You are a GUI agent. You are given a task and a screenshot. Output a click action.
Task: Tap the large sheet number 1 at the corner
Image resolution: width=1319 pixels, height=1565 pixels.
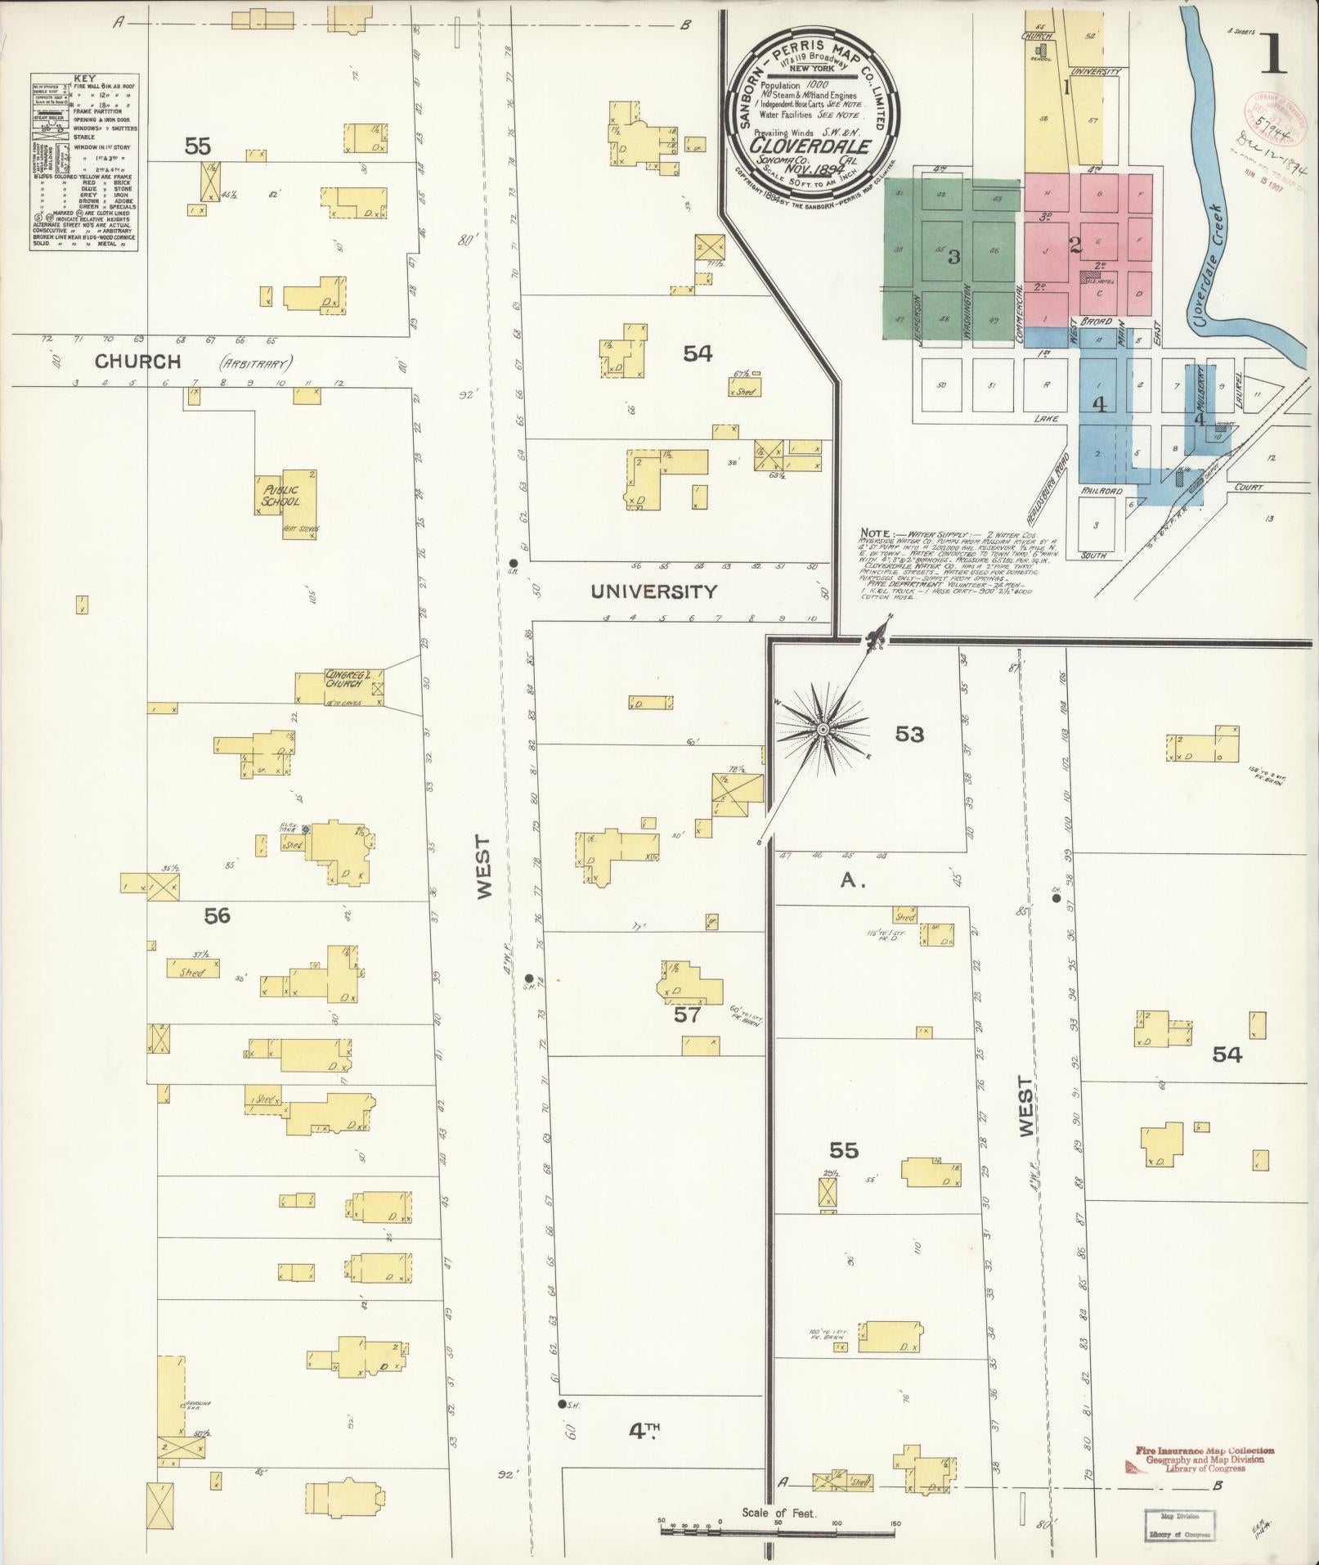click(1273, 55)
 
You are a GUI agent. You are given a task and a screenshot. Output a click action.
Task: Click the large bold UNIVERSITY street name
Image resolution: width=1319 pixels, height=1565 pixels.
click(653, 591)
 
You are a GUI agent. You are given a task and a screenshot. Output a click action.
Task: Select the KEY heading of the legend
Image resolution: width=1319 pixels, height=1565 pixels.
click(85, 79)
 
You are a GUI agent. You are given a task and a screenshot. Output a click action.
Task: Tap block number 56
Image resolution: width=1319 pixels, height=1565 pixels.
click(217, 915)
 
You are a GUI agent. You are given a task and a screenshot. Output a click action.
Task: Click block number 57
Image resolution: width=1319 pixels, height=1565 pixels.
click(688, 1015)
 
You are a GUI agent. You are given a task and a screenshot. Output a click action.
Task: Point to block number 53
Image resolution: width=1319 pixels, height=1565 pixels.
click(908, 734)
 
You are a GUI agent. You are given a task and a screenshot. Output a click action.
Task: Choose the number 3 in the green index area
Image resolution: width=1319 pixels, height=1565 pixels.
click(953, 257)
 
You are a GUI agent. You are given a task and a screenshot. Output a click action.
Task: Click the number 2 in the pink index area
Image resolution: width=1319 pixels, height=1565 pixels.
click(1076, 245)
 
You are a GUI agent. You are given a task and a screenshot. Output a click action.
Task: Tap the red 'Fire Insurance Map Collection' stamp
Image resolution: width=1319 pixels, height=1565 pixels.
click(1204, 1450)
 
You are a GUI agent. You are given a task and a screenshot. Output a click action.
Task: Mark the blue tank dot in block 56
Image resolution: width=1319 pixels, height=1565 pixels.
click(304, 830)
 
